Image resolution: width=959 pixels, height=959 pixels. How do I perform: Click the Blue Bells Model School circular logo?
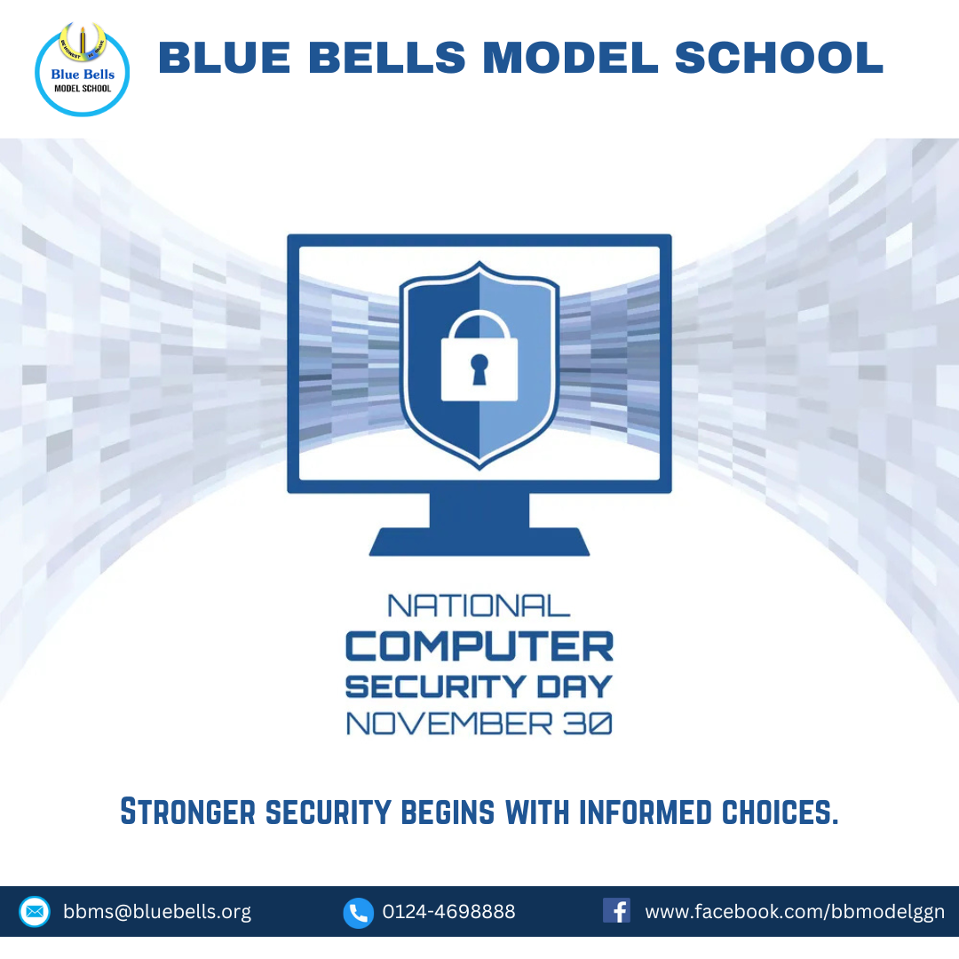82,69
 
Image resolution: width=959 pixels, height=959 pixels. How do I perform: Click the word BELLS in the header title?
386,58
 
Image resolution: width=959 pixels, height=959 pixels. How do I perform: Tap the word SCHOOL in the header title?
780,58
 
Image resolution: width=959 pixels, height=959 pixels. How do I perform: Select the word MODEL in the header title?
570,58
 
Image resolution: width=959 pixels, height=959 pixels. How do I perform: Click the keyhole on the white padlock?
479,369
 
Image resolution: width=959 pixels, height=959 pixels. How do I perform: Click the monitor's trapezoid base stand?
479,542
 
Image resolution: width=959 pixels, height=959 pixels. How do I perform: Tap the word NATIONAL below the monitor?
479,606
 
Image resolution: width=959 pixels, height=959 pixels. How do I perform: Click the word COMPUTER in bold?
479,646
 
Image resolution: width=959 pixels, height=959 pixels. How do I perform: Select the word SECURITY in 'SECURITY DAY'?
435,686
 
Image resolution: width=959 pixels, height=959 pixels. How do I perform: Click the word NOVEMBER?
449,724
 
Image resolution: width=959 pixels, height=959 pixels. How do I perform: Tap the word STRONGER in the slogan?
187,812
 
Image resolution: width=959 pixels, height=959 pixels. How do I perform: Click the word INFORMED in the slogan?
646,812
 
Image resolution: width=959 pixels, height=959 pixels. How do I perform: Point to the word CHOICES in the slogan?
781,812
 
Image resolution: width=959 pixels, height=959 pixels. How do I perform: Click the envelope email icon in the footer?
35,912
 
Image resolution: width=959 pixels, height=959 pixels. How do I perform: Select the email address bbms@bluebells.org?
157,912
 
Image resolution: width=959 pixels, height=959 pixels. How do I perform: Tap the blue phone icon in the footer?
359,913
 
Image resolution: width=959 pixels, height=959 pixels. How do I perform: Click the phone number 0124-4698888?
449,912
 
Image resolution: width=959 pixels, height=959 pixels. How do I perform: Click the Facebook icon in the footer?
616,911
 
